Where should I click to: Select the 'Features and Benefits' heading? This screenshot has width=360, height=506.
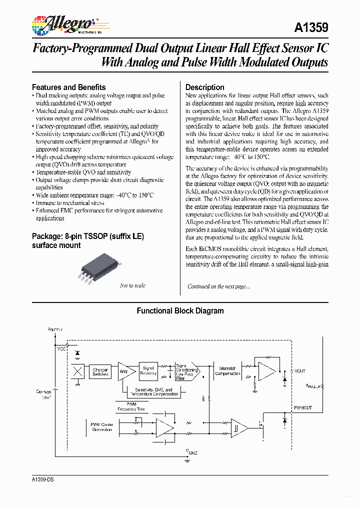coord(68,87)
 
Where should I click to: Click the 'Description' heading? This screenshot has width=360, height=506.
coord(204,87)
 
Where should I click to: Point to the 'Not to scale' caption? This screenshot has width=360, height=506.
coord(132,285)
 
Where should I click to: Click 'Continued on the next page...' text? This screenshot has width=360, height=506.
coord(218,286)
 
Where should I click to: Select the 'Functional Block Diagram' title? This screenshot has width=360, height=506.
coord(180,311)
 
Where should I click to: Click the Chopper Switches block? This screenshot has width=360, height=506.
coord(100,372)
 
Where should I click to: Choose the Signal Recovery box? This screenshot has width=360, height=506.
coord(148,370)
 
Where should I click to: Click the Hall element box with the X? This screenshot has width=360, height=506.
coord(77,371)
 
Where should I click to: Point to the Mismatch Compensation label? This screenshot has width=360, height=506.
coord(227,371)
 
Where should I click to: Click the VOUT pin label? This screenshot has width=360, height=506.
coord(299,371)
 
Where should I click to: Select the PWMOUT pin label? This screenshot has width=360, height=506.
coord(302,408)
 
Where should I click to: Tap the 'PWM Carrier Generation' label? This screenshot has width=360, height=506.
coord(102,427)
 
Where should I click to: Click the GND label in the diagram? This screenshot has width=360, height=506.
coord(193,452)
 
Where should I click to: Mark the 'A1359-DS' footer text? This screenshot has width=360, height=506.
coord(42,479)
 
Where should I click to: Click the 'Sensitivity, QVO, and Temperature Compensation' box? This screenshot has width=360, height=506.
coord(156,392)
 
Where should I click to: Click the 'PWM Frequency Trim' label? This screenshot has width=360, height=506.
coord(130,406)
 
